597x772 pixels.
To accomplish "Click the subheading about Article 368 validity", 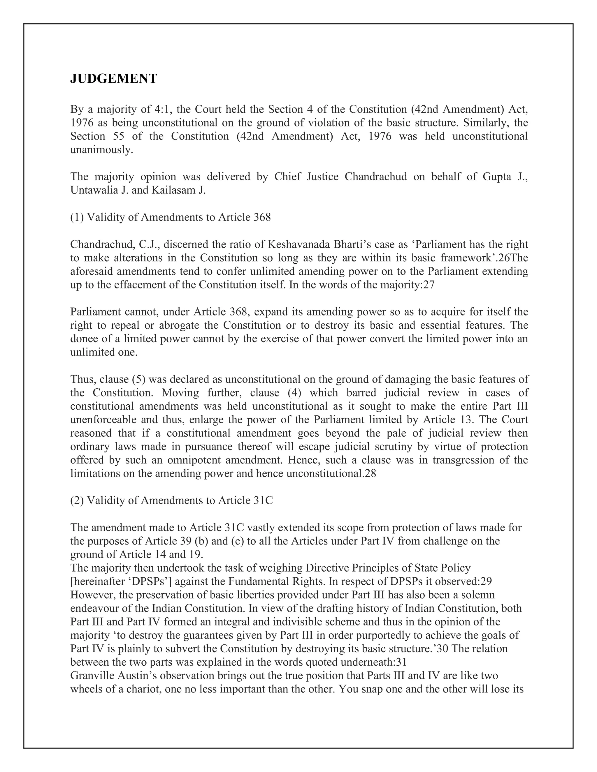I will pyautogui.click(x=171, y=217).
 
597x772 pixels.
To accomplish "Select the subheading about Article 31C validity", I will pyautogui.click(x=171, y=500).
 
